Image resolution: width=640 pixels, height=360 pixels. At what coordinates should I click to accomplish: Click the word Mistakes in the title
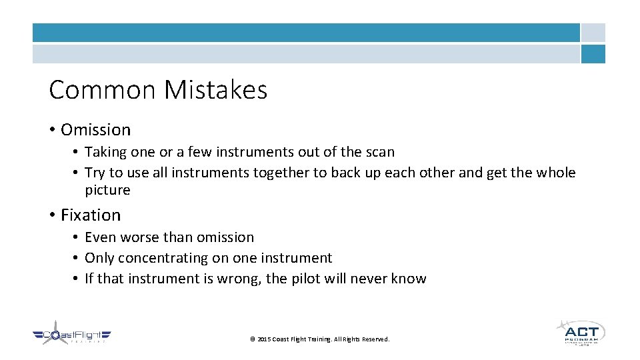(x=216, y=89)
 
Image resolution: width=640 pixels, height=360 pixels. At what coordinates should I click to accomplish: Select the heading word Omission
(x=95, y=129)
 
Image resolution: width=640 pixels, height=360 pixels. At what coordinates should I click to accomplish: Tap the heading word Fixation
(x=91, y=215)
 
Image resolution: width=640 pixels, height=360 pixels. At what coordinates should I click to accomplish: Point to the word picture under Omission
(x=107, y=190)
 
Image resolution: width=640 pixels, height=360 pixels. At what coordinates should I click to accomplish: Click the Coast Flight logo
(x=72, y=335)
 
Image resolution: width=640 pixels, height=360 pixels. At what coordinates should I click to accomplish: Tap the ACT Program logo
(x=581, y=332)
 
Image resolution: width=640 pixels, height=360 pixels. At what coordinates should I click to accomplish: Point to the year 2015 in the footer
(x=263, y=339)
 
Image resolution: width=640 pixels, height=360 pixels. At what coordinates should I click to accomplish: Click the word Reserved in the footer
(x=375, y=339)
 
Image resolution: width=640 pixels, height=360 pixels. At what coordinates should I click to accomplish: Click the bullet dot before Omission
(x=52, y=129)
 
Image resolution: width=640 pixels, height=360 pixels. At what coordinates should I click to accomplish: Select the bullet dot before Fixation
(x=52, y=215)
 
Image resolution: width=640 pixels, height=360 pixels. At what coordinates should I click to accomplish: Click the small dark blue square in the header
(x=593, y=54)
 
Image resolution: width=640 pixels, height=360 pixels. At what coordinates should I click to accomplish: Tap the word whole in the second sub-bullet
(x=555, y=173)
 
